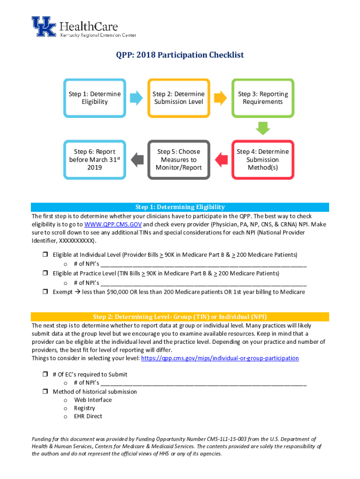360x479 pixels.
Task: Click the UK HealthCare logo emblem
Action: (43, 27)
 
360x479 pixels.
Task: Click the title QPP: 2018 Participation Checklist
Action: (180, 55)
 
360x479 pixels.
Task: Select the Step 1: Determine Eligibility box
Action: (94, 98)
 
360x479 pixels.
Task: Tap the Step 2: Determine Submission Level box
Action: (179, 98)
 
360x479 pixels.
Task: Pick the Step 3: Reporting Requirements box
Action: (263, 98)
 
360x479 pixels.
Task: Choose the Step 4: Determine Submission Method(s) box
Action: (263, 160)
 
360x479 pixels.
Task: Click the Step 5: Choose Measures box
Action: (179, 160)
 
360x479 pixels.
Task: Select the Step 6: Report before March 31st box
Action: (94, 160)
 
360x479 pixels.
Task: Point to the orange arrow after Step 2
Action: (221, 98)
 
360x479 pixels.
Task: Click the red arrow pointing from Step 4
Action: (221, 160)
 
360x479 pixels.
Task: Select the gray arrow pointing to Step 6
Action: (137, 160)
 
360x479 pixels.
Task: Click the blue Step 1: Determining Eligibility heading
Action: (180, 207)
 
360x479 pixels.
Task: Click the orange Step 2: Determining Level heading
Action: (180, 317)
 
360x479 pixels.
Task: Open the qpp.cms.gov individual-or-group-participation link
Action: (220, 358)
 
